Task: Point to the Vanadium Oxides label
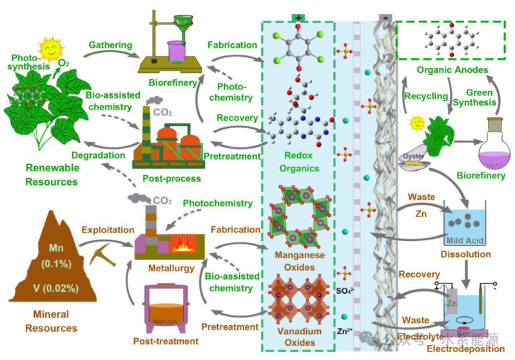[x=298, y=338]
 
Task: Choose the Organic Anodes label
[x=451, y=70]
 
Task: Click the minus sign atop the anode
[x=385, y=18]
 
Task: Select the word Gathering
[x=111, y=45]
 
